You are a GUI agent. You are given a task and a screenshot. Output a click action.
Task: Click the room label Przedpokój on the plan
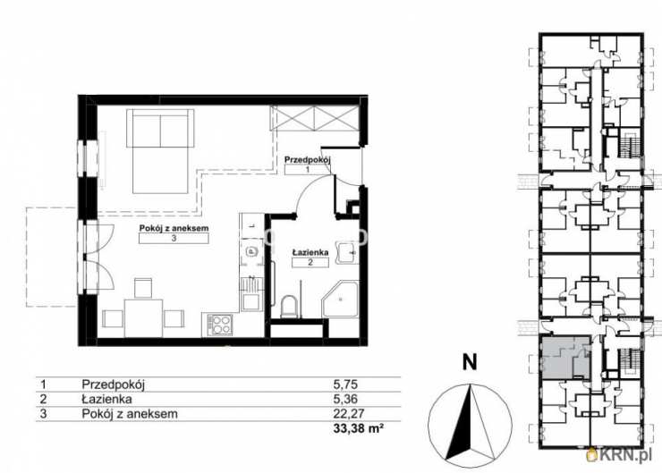coord(307,160)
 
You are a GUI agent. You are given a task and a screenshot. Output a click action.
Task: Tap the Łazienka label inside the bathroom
coord(310,252)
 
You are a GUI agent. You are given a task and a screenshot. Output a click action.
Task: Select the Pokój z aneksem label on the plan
coord(174,228)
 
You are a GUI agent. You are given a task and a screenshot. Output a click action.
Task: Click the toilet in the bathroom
coord(289,307)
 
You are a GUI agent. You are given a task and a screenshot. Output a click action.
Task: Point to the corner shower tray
coord(340,300)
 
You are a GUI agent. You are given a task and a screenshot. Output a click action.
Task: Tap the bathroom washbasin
coord(347,253)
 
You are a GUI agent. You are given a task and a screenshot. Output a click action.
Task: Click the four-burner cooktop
coord(220,325)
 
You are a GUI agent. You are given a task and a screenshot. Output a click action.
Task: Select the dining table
coord(143,318)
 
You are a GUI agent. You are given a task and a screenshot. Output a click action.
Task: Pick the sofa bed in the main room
coord(160,151)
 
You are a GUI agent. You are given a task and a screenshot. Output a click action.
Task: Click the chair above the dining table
coord(143,289)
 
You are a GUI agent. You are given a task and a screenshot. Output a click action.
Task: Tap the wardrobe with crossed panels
coord(315,118)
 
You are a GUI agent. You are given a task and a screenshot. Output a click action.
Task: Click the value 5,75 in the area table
coord(345,384)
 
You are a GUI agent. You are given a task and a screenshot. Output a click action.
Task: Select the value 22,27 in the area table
coord(349,413)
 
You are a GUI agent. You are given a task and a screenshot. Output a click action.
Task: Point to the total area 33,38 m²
coord(359,428)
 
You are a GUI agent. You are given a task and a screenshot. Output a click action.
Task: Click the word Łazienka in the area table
coord(106,399)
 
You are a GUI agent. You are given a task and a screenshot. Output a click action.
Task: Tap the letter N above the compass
coord(470,362)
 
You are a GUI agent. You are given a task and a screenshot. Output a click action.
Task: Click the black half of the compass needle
coord(459,423)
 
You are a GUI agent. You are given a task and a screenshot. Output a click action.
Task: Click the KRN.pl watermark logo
coord(622,455)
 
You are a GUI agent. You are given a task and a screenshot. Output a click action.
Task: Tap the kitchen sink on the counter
coord(250,252)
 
